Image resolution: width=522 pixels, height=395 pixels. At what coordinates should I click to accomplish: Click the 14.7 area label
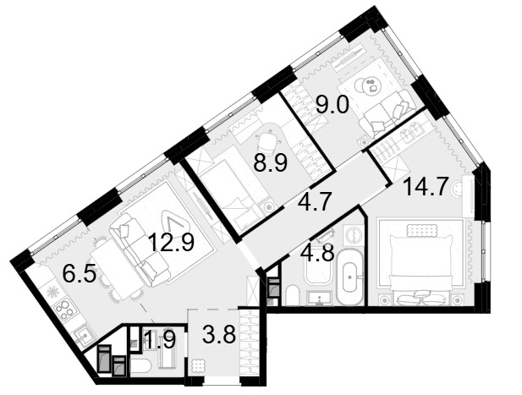pyautogui.click(x=425, y=187)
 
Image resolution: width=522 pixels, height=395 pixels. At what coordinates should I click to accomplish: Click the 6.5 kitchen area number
pyautogui.click(x=80, y=273)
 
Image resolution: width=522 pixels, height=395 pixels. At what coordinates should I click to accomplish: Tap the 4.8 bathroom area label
pyautogui.click(x=317, y=254)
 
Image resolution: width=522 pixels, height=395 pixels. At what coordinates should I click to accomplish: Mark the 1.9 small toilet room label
pyautogui.click(x=161, y=340)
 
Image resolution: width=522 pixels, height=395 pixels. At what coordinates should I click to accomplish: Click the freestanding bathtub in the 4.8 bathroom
pyautogui.click(x=349, y=277)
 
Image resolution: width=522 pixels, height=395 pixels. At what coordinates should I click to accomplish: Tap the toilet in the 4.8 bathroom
pyautogui.click(x=293, y=295)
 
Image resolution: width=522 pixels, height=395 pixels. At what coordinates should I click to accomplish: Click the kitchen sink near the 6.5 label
pyautogui.click(x=84, y=336)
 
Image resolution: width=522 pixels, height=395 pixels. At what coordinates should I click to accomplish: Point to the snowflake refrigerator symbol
pyautogui.click(x=53, y=292)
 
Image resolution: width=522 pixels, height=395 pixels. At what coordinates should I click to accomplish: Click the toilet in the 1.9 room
pyautogui.click(x=140, y=366)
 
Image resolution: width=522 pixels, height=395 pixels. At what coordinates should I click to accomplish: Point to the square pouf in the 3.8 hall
pyautogui.click(x=200, y=366)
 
